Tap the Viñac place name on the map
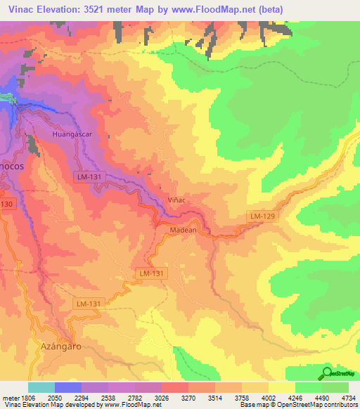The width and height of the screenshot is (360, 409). pyautogui.click(x=176, y=200)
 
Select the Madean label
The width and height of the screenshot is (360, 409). pyautogui.click(x=182, y=230)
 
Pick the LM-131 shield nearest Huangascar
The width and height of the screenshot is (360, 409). pyautogui.click(x=89, y=177)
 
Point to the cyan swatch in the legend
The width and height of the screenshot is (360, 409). pyautogui.click(x=41, y=387)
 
